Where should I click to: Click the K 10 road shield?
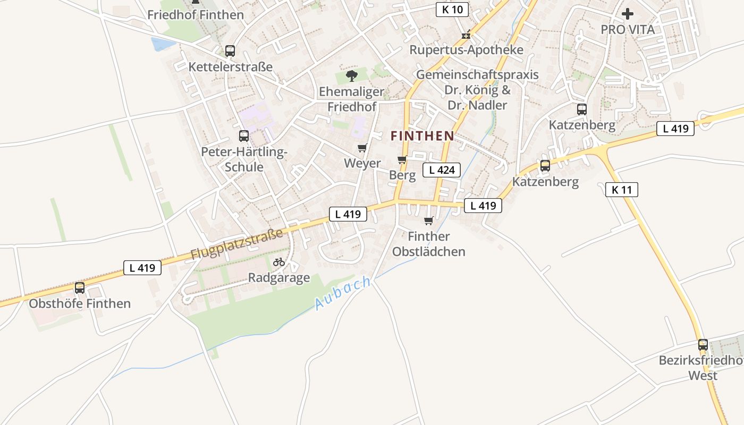coord(452,9)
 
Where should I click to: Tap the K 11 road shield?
coord(621,190)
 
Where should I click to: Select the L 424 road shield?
coord(441,170)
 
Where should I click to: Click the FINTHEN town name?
coord(422,136)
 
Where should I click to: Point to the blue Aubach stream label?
coord(343,293)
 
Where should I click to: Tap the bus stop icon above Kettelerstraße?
coord(230,51)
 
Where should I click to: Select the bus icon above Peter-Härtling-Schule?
coord(244,136)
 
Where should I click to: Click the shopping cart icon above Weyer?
coord(362,148)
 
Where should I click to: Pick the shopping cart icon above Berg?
coord(402,159)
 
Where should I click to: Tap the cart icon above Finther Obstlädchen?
coord(429,220)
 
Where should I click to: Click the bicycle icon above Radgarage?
coord(279,262)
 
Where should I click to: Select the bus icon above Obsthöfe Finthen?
coord(80,288)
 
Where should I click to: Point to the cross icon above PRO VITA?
coord(628,14)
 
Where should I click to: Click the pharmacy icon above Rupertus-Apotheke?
coord(466,35)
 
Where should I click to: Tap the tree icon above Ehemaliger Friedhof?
coord(351,76)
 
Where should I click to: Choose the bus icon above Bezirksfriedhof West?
coord(703,345)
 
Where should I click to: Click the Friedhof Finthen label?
coord(196,15)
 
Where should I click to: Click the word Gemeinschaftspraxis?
coord(477,75)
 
